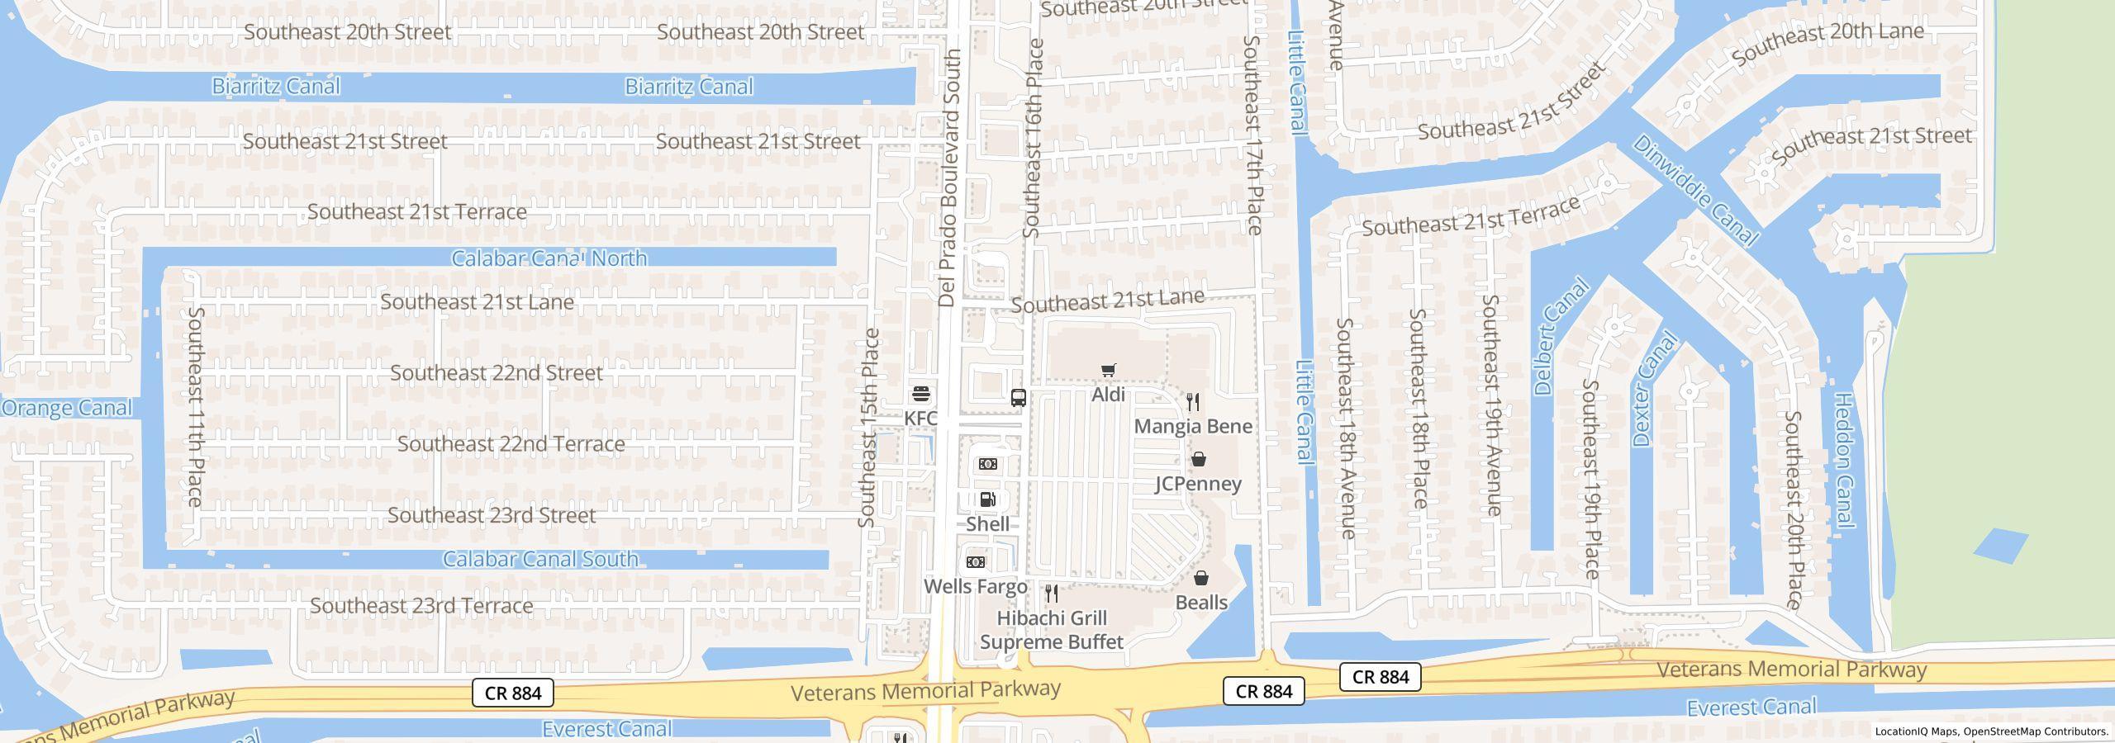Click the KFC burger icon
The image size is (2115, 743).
(x=920, y=394)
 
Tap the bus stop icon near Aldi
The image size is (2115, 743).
(x=1019, y=398)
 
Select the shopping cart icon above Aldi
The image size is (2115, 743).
(x=1108, y=371)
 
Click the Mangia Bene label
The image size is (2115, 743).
(x=1192, y=426)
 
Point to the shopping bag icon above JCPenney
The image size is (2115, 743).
(x=1198, y=459)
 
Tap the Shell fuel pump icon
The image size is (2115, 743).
(x=987, y=499)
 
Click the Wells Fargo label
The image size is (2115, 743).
(x=975, y=586)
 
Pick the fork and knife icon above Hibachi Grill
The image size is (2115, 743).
(x=1051, y=594)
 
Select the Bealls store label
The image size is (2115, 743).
(x=1200, y=603)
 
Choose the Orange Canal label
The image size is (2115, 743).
(x=66, y=408)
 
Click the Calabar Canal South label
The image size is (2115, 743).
(x=540, y=559)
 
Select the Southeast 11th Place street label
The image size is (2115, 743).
(x=195, y=405)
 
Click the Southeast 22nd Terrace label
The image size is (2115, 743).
(x=511, y=444)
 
